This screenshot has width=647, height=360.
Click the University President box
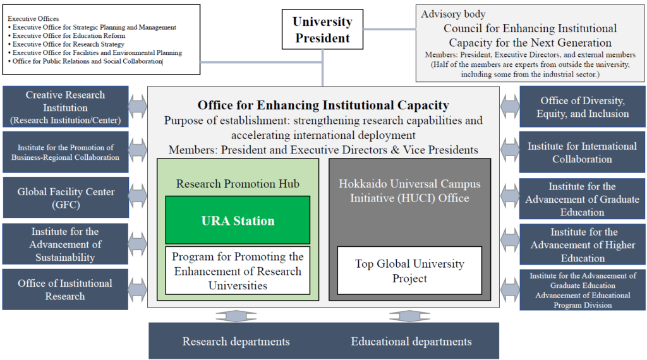click(322, 29)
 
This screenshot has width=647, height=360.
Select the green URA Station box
click(238, 220)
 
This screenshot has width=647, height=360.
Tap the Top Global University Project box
click(409, 270)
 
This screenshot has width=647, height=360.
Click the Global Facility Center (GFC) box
click(66, 198)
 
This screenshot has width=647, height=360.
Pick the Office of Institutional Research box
click(65, 289)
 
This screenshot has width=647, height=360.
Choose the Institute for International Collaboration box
click(582, 152)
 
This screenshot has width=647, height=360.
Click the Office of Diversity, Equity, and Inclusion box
click(582, 107)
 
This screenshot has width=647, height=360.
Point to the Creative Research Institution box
click(66, 107)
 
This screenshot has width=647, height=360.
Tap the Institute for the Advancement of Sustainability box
click(65, 244)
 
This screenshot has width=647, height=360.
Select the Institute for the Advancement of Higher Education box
click(582, 244)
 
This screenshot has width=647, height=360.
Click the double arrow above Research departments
click(236, 316)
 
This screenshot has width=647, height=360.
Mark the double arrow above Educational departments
click(409, 316)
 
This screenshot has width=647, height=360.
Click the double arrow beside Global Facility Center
click(138, 198)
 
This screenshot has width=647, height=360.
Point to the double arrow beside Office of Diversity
click(510, 107)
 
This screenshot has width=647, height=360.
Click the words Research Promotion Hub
click(238, 184)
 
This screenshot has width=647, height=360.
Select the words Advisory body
click(453, 14)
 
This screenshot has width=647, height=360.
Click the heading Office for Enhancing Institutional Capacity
click(323, 105)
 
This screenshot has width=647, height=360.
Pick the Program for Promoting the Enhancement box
click(238, 270)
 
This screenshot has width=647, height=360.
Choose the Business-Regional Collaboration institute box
click(66, 152)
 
